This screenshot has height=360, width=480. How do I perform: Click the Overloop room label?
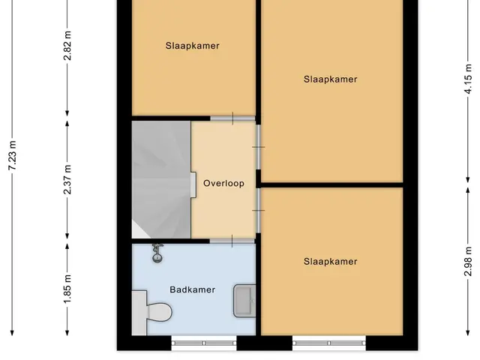(223, 183)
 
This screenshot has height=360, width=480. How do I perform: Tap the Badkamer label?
(193, 289)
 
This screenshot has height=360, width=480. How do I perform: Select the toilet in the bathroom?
(151, 313)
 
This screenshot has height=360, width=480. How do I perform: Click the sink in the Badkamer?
(244, 301)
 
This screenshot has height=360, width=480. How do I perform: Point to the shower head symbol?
(157, 253)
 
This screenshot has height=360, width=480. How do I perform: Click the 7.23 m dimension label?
(12, 155)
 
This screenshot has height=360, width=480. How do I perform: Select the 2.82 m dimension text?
(67, 46)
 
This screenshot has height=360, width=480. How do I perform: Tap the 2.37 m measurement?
(67, 180)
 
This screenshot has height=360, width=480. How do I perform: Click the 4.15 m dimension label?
(468, 79)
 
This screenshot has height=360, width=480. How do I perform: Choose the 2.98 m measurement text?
(468, 262)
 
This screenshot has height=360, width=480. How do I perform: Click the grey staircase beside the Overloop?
(161, 180)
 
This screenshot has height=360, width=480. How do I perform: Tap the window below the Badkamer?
(204, 343)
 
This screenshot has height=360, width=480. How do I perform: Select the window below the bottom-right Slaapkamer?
(329, 343)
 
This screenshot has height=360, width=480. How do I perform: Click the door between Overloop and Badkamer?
(232, 241)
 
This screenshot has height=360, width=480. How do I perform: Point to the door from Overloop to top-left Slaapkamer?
(232, 118)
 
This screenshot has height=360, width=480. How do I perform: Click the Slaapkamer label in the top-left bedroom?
(193, 46)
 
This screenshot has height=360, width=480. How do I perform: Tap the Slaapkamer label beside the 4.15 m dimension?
(330, 79)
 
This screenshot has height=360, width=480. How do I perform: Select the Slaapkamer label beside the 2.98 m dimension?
(330, 262)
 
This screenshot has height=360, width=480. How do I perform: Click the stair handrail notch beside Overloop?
(193, 185)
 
